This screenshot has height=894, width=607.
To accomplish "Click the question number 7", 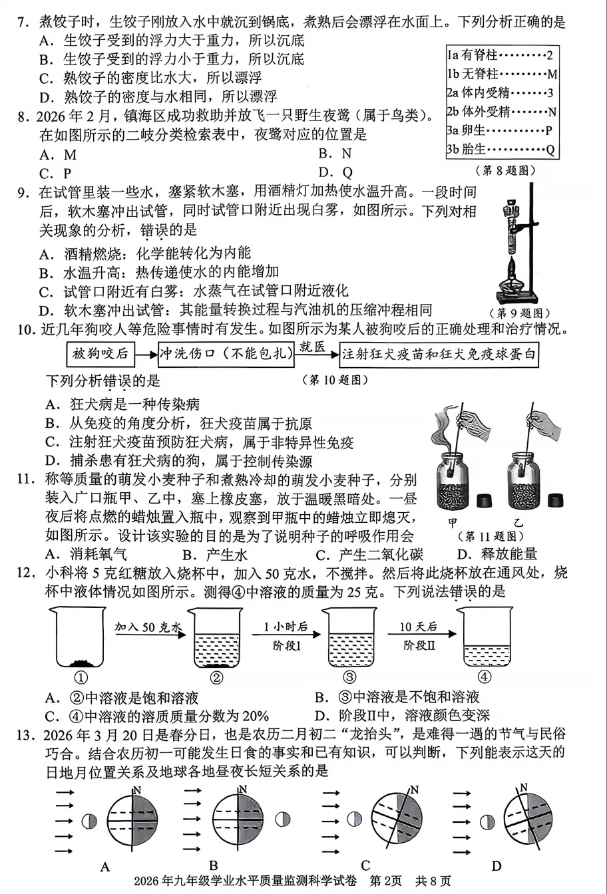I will pos(22,23).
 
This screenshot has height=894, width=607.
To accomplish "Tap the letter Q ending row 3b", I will pos(550,149).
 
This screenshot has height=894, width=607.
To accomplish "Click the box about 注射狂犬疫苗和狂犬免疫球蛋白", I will pos(439,354).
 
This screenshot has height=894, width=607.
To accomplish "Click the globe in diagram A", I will pos(132,822).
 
